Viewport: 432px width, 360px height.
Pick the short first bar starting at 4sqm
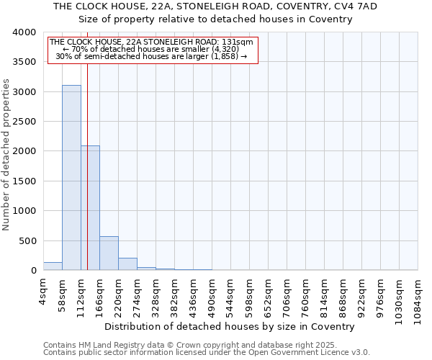click(53, 266)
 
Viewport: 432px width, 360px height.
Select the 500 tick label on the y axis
click(27, 240)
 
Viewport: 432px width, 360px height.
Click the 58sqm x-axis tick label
click(63, 297)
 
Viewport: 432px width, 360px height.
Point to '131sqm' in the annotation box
click(237, 42)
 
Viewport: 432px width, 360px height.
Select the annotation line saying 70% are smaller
click(151, 49)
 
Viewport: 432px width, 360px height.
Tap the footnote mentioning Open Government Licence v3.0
click(207, 352)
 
